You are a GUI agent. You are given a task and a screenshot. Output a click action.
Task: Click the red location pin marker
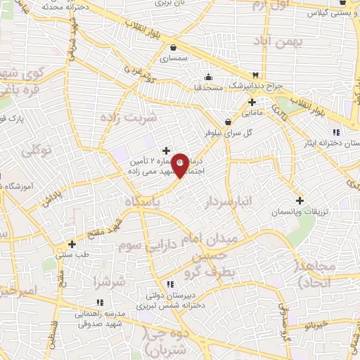180,165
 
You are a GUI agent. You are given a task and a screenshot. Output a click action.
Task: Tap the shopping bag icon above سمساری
173,48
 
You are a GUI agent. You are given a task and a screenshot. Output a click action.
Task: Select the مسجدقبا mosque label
208,86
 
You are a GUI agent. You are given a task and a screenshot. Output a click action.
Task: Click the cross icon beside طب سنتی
72,244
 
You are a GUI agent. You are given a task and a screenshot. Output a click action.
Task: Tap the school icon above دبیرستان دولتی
170,284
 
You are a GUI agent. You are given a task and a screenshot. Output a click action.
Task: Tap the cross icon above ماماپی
252,102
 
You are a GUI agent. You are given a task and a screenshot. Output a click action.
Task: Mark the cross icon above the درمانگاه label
166,150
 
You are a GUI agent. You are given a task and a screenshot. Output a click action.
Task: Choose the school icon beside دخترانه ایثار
336,132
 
